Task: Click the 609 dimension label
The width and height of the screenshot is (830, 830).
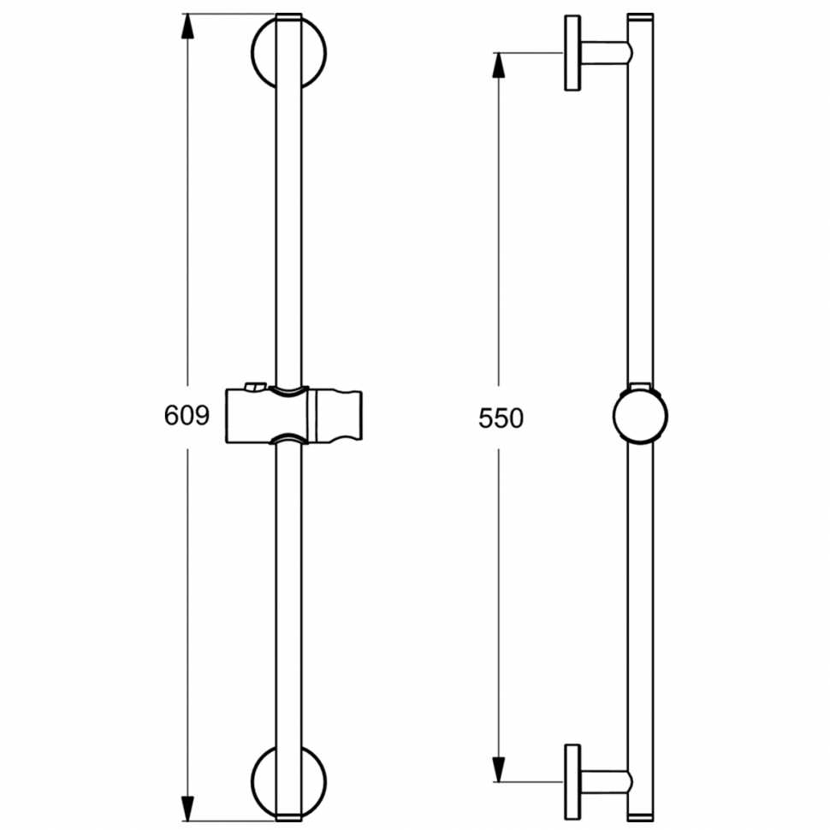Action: (187, 415)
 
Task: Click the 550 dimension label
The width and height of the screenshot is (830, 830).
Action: (501, 418)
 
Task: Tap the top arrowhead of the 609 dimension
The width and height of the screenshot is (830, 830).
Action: (187, 27)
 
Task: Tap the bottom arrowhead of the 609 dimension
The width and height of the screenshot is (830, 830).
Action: (187, 809)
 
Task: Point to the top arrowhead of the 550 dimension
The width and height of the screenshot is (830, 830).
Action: (498, 65)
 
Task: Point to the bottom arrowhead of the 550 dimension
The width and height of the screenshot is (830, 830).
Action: (498, 769)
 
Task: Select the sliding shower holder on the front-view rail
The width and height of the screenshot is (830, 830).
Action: (293, 416)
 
